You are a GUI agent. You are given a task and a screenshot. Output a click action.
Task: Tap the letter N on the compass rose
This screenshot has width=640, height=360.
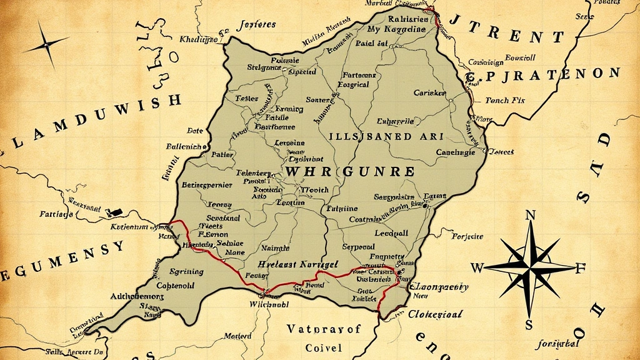531,216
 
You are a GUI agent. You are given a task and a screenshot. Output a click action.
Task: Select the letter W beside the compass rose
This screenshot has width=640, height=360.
477,268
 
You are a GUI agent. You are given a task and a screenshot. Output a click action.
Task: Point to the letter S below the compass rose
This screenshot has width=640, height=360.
529,324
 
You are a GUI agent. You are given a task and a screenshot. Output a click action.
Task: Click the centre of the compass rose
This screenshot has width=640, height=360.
530,268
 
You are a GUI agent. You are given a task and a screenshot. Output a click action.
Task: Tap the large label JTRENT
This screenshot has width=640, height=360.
499,37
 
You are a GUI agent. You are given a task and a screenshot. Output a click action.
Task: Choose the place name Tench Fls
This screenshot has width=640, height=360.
505,100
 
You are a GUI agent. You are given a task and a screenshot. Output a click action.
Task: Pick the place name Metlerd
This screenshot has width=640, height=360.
237,336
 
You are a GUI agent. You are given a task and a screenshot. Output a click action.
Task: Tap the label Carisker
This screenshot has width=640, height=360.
430,93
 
